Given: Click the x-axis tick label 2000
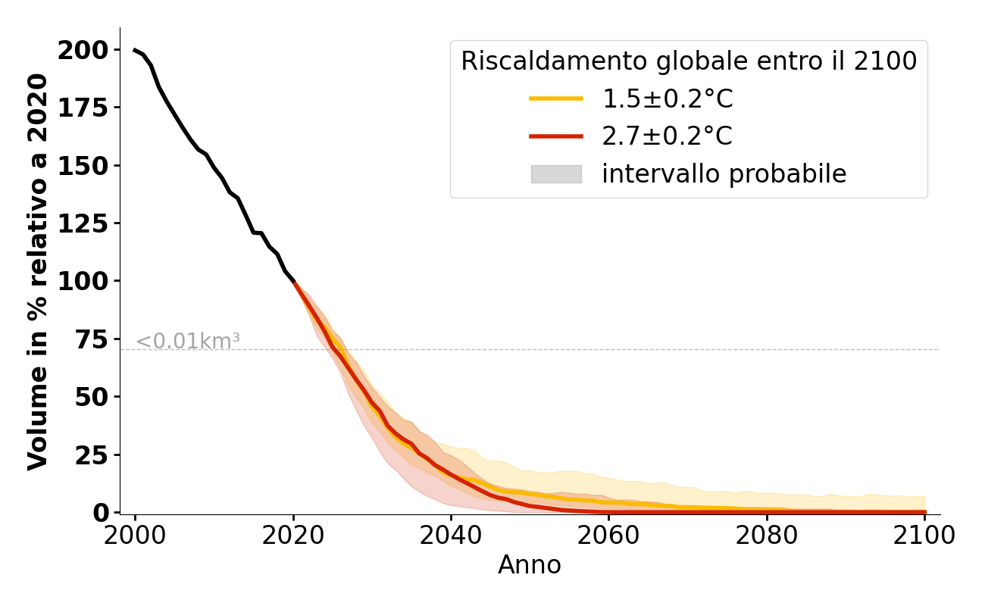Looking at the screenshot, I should [x=135, y=535].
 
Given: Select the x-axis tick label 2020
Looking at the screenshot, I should [x=293, y=535].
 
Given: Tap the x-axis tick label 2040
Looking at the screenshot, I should [x=451, y=535].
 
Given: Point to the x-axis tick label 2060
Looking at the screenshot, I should [x=609, y=535].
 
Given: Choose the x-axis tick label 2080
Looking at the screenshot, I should [x=767, y=535].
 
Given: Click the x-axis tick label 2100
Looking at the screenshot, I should [x=924, y=535].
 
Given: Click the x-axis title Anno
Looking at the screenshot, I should [x=530, y=565].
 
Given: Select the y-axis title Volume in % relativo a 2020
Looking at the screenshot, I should [x=38, y=271].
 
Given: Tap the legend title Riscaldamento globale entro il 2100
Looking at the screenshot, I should [x=689, y=61].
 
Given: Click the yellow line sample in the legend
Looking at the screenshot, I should [x=556, y=98].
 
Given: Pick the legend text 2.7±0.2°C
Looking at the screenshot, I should [x=667, y=136].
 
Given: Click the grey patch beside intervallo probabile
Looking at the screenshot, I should [x=556, y=174].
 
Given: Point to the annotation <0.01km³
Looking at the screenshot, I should [x=188, y=342].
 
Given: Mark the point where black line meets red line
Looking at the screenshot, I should [x=293, y=282].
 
